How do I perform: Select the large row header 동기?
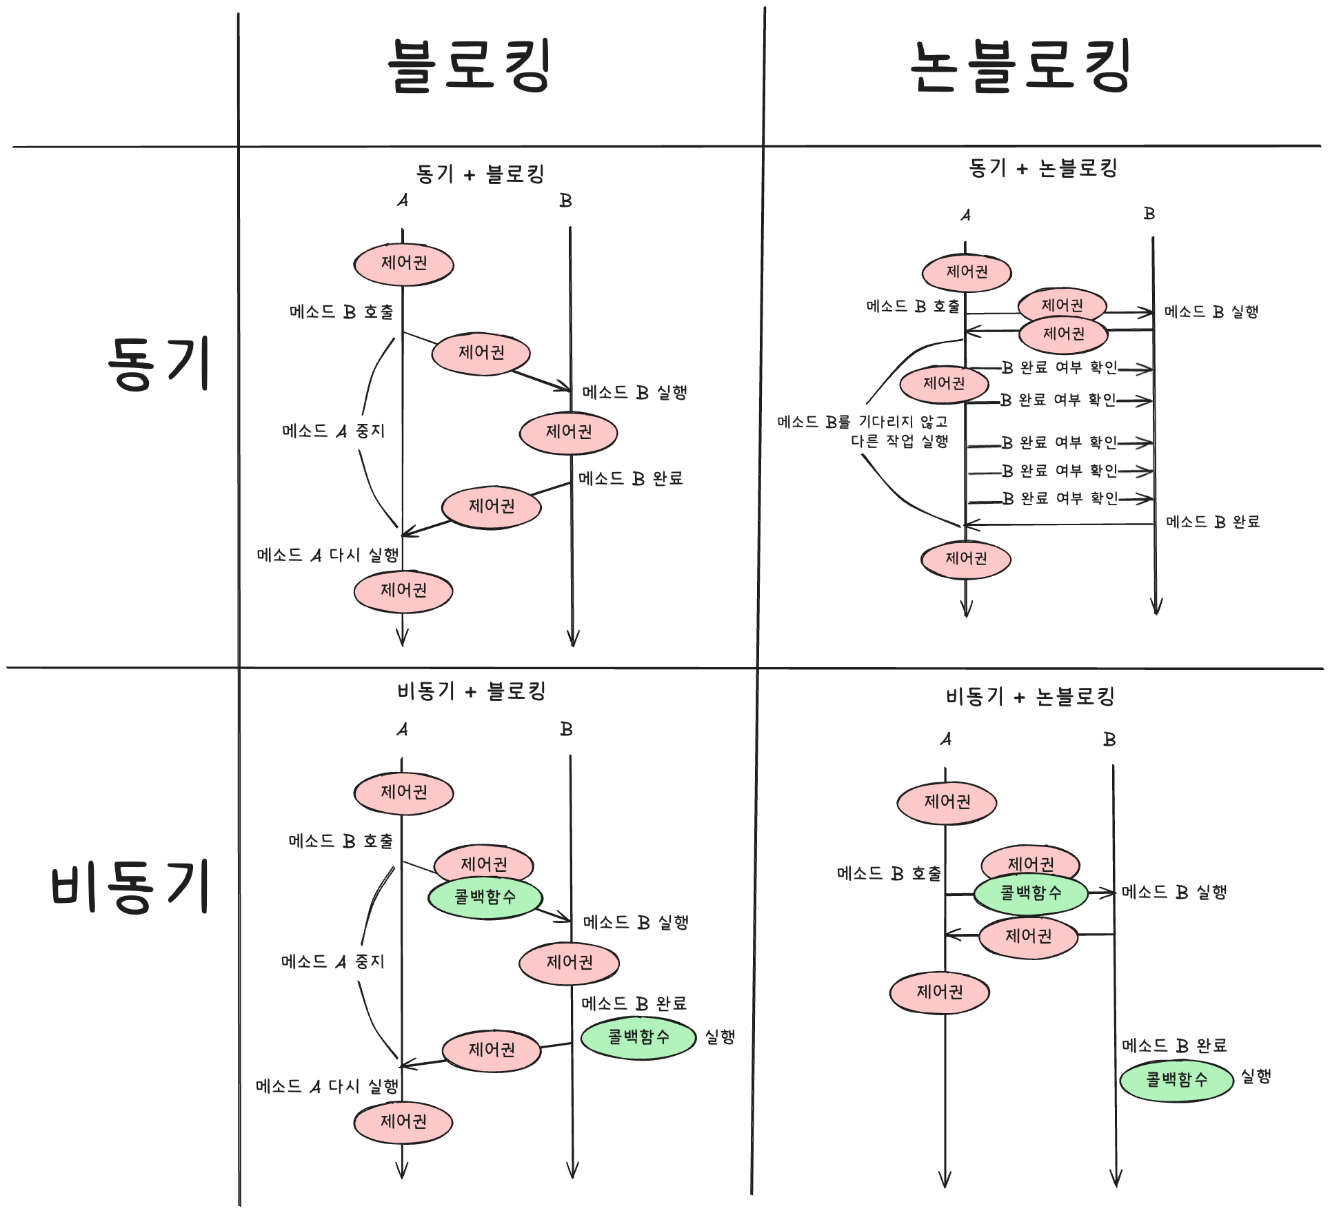click(159, 364)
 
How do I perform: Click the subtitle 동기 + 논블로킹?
click(1042, 167)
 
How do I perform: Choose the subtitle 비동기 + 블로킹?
click(472, 691)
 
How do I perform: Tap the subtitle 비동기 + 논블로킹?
click(1030, 697)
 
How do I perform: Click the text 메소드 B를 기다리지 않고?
click(862, 421)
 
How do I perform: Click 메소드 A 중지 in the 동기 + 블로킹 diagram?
click(333, 431)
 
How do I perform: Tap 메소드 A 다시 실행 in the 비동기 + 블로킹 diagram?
click(327, 1087)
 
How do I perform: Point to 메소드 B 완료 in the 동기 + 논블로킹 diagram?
click(1213, 522)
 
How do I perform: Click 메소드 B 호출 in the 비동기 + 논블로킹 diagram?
click(889, 874)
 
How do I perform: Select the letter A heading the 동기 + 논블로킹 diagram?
click(965, 216)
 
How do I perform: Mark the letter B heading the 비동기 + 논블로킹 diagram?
click(1109, 740)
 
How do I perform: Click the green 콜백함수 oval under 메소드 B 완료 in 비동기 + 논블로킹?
click(1176, 1080)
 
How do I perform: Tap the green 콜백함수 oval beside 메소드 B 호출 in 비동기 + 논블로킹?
click(1031, 894)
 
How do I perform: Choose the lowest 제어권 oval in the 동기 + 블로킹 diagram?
click(403, 591)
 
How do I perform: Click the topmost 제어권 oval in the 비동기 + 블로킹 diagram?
click(403, 793)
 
